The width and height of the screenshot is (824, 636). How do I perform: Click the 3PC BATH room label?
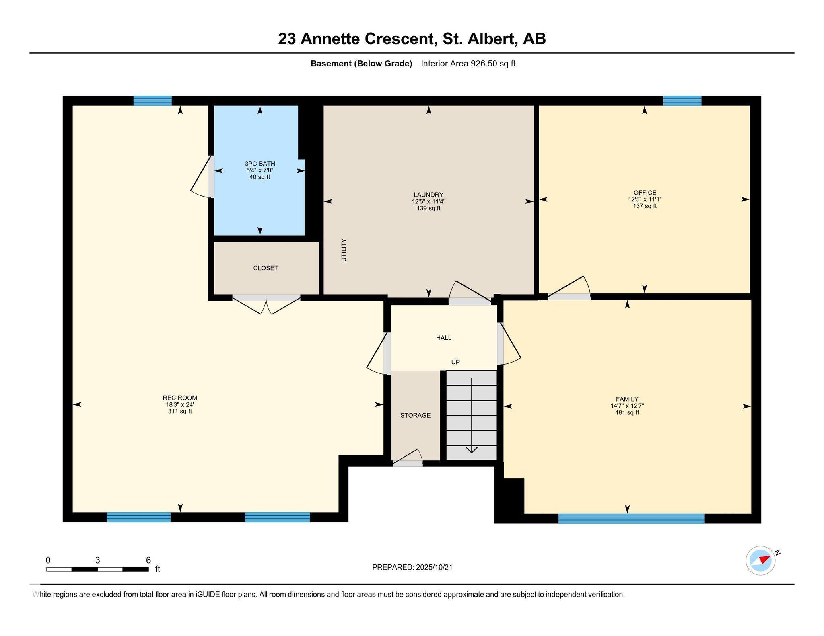tap(260, 164)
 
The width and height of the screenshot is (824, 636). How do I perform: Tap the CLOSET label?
tap(266, 268)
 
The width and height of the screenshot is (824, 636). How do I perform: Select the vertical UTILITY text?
tap(344, 250)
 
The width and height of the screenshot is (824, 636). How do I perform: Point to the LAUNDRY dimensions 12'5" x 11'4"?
tap(428, 201)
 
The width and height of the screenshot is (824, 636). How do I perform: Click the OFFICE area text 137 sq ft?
tap(645, 206)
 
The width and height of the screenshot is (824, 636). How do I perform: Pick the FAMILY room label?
tap(627, 399)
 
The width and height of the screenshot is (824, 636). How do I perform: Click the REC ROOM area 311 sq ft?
tap(180, 411)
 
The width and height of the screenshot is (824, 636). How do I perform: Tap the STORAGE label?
tap(415, 415)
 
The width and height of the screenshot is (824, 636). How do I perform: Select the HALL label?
tap(444, 338)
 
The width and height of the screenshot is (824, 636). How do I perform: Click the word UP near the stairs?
tap(455, 362)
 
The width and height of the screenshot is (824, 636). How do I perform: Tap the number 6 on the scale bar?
tap(148, 560)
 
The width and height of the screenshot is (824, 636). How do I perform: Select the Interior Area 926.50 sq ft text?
tap(468, 64)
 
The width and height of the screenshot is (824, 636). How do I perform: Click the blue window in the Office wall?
tap(682, 101)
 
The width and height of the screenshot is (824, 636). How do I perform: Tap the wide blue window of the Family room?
tap(631, 519)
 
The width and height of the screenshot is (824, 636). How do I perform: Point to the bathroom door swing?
tap(202, 177)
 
